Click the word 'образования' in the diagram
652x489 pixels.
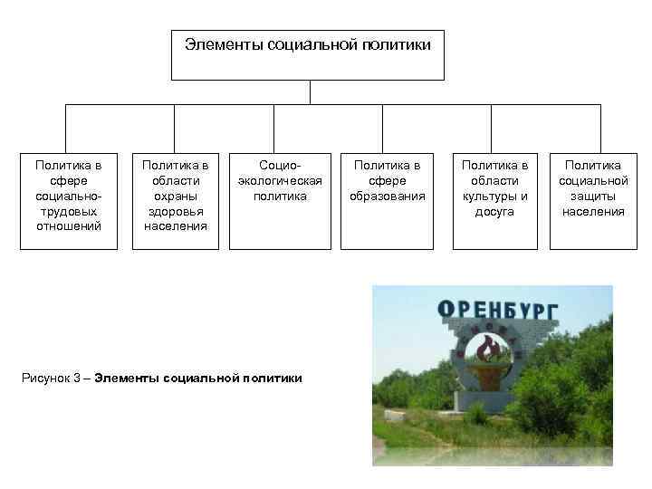point(387,196)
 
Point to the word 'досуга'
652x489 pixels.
point(494,211)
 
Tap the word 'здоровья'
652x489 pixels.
point(175,211)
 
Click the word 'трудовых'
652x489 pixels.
point(69,211)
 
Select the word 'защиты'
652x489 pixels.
point(592,196)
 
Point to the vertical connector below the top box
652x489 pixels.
point(310,92)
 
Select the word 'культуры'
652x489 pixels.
point(494,196)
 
